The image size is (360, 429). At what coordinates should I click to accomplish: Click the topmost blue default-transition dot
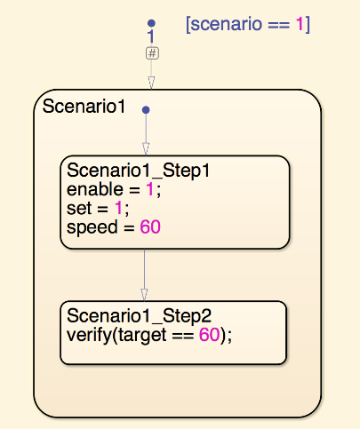tap(151, 23)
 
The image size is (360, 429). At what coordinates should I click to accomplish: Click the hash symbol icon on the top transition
tap(152, 53)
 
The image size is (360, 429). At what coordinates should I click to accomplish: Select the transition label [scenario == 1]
tap(248, 24)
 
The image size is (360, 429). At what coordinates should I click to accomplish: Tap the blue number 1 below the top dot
tap(151, 36)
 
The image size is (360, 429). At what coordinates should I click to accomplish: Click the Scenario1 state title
tap(84, 106)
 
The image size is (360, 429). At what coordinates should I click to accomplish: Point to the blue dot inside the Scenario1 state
tap(146, 110)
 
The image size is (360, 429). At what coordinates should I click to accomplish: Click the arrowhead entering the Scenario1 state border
tap(151, 83)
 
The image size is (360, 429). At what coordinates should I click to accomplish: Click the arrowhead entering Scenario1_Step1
tap(146, 149)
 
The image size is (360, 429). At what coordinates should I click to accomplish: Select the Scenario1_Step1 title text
tap(139, 171)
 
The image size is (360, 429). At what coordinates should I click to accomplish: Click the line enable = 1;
tap(114, 189)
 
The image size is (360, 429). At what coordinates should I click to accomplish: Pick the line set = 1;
tap(98, 208)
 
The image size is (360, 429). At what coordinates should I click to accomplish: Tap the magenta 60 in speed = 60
tap(150, 227)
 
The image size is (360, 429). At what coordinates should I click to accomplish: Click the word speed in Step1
tap(92, 227)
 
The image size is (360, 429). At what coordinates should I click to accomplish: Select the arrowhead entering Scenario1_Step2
tap(144, 295)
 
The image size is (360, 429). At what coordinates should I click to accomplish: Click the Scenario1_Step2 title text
tap(140, 316)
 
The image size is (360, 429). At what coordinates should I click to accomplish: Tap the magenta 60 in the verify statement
tap(209, 335)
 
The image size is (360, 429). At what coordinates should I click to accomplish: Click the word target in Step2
tap(142, 336)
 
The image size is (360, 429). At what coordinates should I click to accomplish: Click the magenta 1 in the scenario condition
tap(300, 24)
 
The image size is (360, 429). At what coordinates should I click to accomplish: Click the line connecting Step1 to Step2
tap(144, 275)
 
